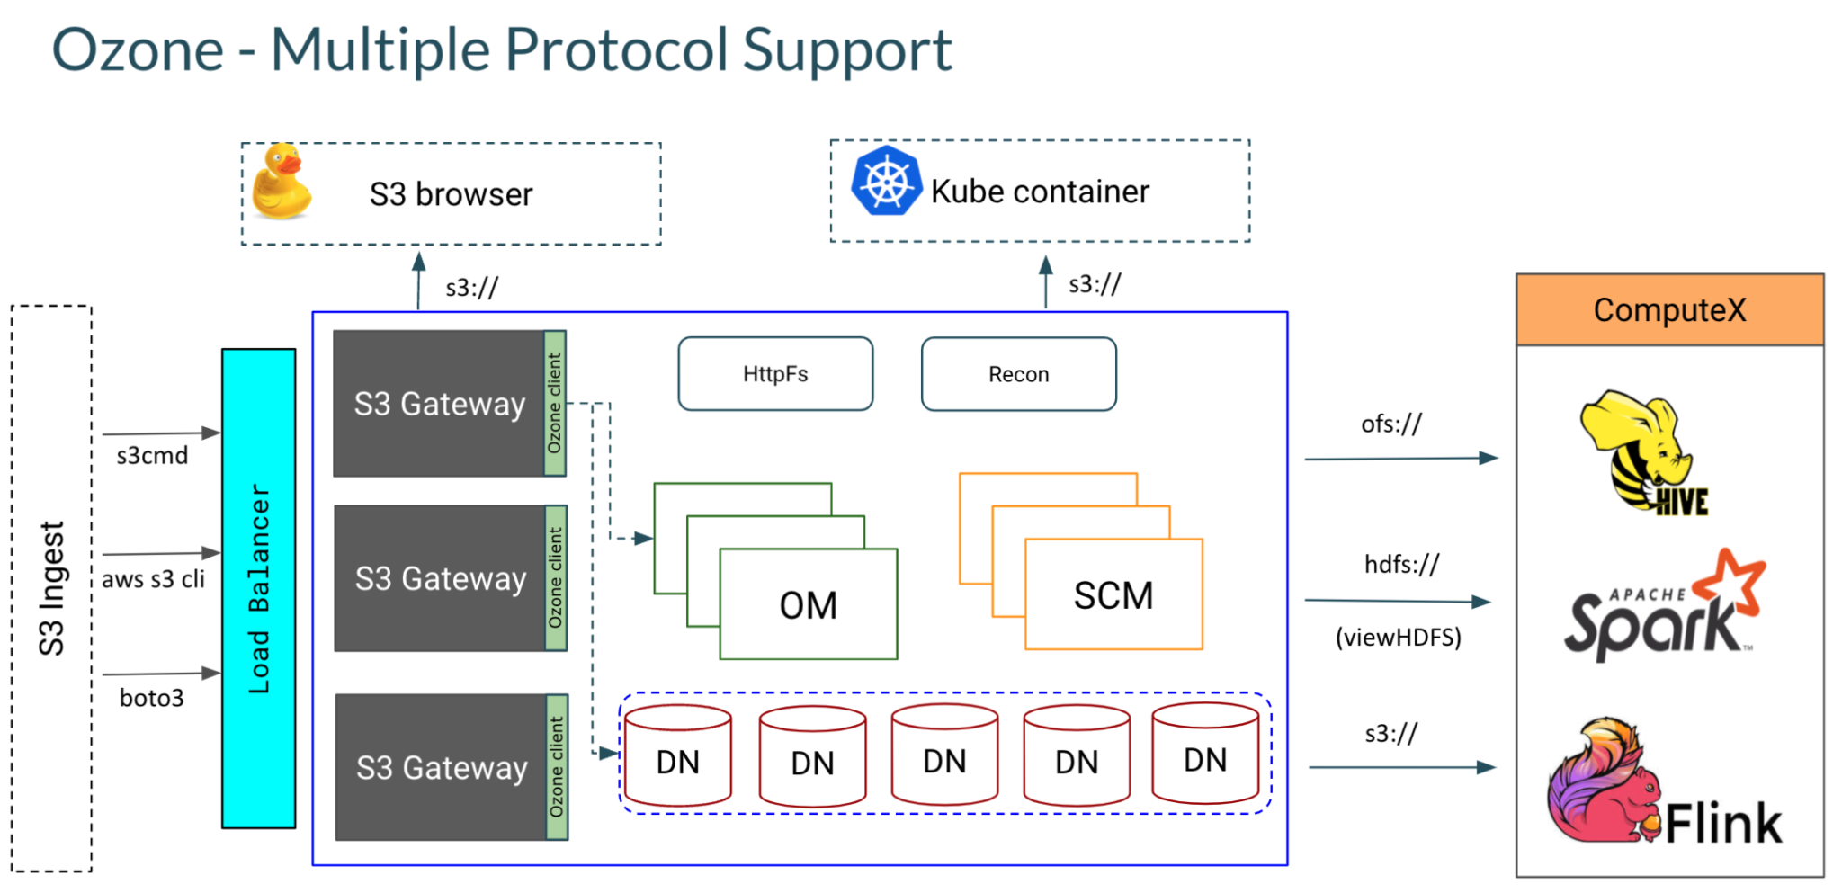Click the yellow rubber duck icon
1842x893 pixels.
click(x=282, y=183)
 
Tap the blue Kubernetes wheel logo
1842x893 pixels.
click(x=886, y=182)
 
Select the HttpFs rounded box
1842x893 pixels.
click(x=775, y=374)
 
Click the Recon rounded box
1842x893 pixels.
click(x=1018, y=374)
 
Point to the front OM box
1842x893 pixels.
click(x=808, y=605)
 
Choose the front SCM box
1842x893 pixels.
click(x=1113, y=595)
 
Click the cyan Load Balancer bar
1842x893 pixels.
click(x=259, y=588)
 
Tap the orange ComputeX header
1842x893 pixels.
click(x=1669, y=310)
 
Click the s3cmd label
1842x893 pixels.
click(x=152, y=456)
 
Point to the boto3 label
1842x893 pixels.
click(x=151, y=698)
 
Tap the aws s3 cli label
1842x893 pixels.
click(x=153, y=579)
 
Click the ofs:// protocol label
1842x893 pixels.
click(x=1391, y=424)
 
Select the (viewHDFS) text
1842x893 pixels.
click(x=1398, y=638)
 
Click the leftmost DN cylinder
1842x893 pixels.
click(x=677, y=756)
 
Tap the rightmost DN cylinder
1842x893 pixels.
click(x=1204, y=754)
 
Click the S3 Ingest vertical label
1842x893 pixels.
click(x=51, y=588)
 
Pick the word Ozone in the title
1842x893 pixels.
click(x=138, y=49)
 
